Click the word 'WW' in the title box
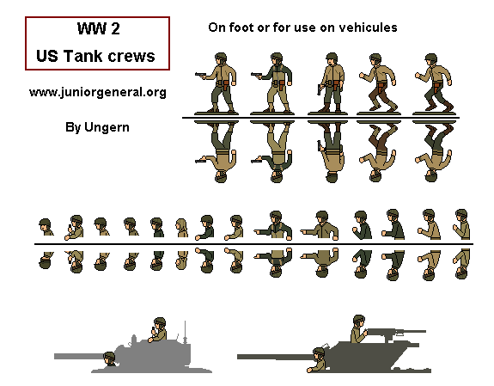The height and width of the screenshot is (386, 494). [x=86, y=31]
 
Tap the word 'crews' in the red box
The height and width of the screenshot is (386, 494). [x=135, y=56]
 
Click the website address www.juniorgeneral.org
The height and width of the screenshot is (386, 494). [x=97, y=91]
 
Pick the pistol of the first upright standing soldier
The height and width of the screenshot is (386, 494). [x=199, y=74]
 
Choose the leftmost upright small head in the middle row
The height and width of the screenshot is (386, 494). [x=46, y=228]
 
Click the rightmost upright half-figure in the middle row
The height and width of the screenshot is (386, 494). [x=461, y=225]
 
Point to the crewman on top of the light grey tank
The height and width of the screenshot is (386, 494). [x=158, y=329]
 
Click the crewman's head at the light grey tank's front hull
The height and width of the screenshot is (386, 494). [x=110, y=358]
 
